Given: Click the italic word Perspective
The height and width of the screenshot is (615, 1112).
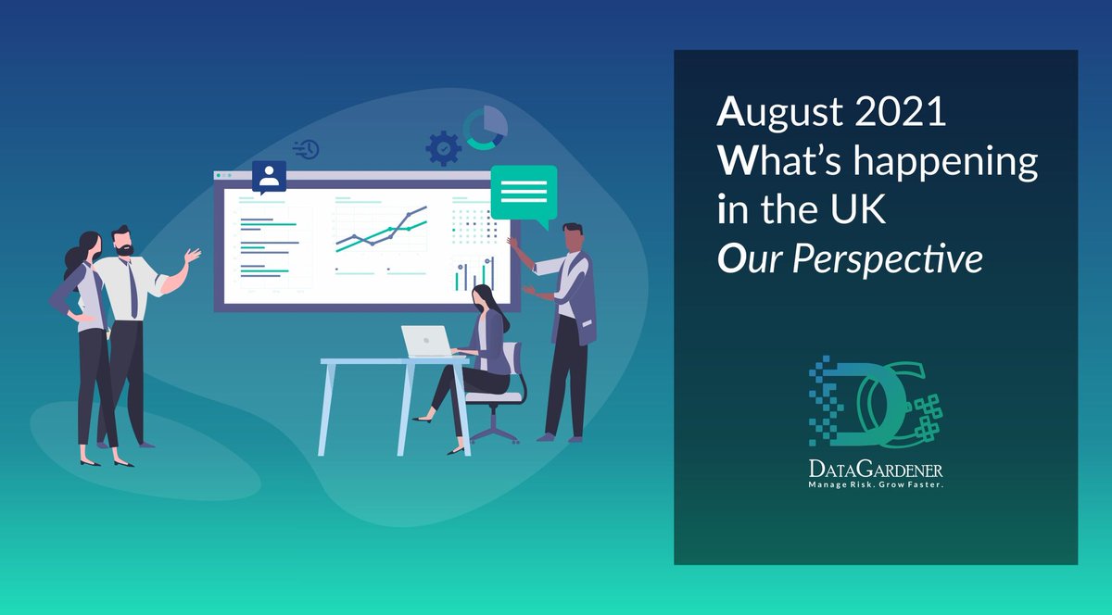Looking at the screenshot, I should (887, 260).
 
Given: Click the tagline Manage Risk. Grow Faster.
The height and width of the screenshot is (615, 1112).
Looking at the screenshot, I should (876, 484).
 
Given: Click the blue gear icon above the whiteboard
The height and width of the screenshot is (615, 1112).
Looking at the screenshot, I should (443, 148).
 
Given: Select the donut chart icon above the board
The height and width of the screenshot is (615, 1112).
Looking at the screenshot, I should (486, 128).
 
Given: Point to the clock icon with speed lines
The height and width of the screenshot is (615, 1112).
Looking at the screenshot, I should (307, 149).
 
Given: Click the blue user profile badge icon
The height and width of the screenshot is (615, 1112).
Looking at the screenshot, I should (269, 176).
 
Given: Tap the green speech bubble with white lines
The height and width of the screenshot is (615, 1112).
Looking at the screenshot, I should (524, 193).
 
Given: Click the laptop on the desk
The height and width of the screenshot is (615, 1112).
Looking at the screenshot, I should (427, 342).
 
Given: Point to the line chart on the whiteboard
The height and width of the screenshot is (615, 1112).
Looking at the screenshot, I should (381, 232).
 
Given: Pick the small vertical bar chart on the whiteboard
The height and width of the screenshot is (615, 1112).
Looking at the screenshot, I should (474, 274).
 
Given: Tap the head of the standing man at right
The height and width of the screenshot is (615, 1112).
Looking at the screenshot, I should (572, 238).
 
